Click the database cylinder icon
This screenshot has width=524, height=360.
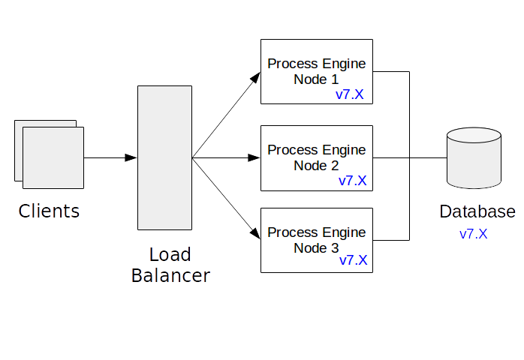[473, 159]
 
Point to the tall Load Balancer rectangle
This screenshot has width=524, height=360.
[164, 157]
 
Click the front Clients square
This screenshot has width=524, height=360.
[53, 157]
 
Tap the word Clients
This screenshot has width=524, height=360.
[49, 211]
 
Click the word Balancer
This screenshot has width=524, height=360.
[170, 275]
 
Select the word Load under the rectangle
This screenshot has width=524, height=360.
[170, 254]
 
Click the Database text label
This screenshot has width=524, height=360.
[477, 211]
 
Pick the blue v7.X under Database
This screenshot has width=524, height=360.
[474, 233]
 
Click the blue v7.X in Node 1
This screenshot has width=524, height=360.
[350, 95]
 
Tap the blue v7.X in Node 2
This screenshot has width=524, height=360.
[352, 180]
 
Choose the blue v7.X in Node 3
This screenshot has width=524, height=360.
[353, 260]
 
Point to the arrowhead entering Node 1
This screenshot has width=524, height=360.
[255, 78]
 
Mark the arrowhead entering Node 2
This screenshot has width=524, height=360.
[254, 157]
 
